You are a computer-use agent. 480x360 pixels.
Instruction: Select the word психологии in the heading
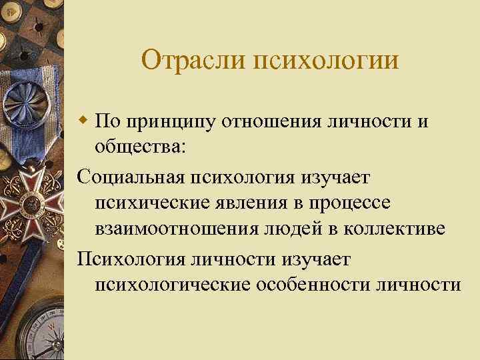pos(326,61)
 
